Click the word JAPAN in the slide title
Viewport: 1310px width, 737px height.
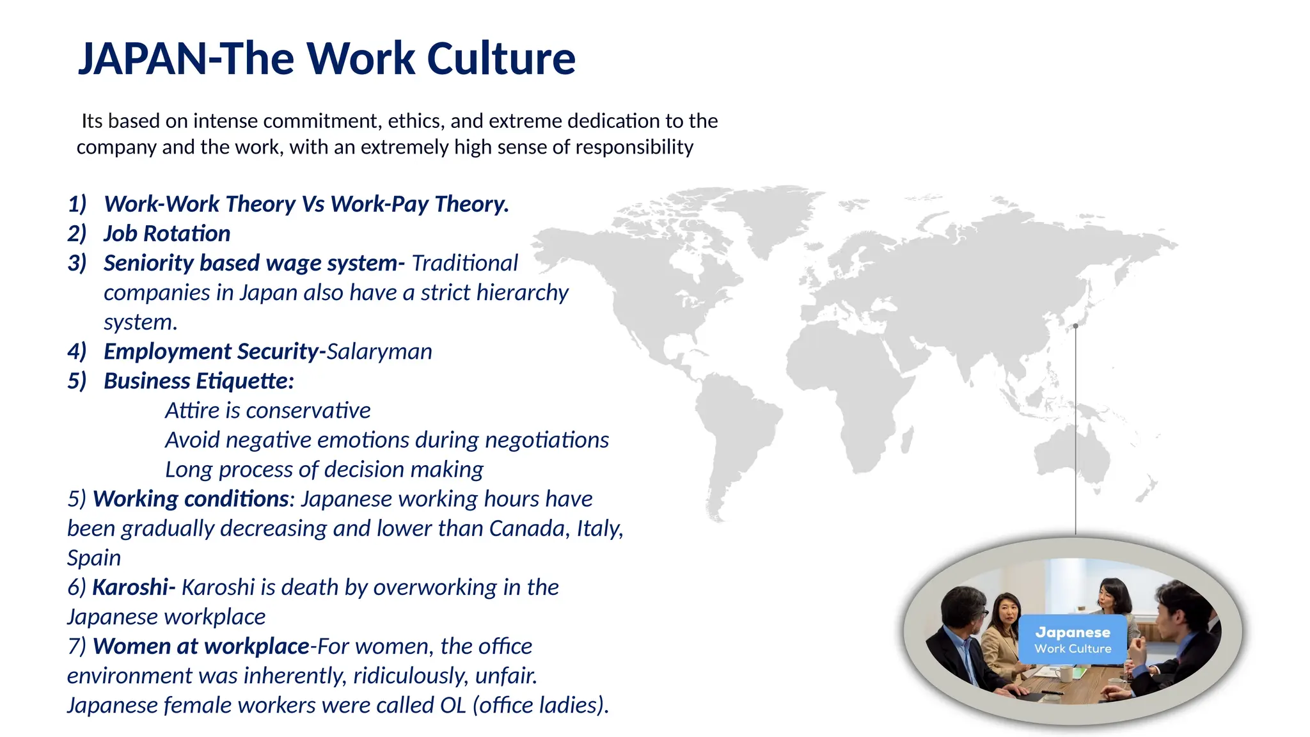[141, 59]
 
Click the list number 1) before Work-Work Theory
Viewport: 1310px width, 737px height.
[77, 204]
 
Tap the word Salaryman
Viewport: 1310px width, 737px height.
[379, 351]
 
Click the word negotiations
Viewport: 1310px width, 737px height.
[547, 440]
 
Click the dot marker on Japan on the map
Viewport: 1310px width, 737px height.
[1076, 326]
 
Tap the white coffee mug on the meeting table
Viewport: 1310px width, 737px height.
[1066, 674]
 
